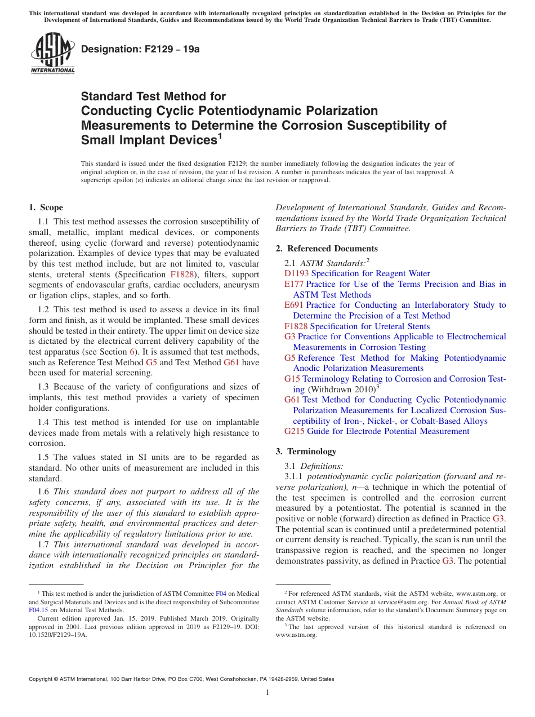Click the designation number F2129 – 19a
[x=140, y=49]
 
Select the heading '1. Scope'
[x=46, y=207]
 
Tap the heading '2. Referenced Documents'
[x=327, y=249]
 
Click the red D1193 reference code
[x=297, y=273]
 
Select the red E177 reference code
[x=294, y=284]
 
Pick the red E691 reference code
[x=294, y=305]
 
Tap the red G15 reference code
[x=292, y=379]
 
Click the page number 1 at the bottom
[x=267, y=692]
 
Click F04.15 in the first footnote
[x=38, y=610]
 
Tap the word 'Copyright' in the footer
[x=43, y=679]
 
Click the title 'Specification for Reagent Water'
[x=371, y=273]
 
